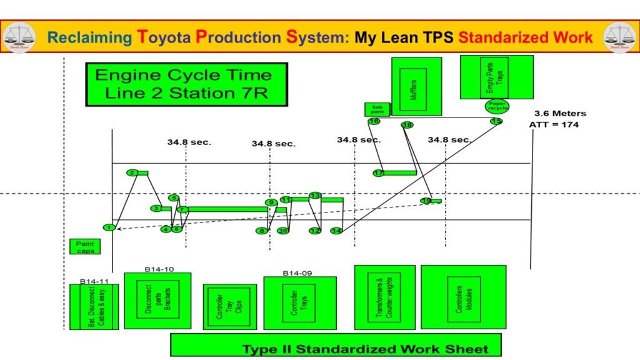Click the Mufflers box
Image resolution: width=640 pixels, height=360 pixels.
416,86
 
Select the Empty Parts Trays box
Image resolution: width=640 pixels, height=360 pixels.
496,76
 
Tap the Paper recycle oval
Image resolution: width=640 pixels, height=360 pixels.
497,106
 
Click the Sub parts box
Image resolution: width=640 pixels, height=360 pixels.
377,109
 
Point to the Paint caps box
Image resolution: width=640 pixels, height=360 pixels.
84,246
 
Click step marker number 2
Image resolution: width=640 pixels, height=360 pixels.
132,172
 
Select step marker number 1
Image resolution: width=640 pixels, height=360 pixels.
109,227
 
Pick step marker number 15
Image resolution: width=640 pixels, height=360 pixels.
496,121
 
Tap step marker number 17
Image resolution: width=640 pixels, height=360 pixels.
378,173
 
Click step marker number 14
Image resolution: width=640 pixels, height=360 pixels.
336,231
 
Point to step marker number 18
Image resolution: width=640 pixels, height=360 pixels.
407,125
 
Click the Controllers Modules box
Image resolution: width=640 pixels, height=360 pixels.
463,297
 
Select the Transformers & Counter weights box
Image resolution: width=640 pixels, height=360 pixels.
384,297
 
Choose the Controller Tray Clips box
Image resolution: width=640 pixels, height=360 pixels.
229,306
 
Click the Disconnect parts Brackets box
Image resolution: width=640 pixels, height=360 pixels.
157,301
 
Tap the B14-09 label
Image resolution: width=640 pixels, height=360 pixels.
297,272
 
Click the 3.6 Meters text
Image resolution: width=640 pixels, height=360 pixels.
560,113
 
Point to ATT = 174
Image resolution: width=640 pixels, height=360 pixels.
554,124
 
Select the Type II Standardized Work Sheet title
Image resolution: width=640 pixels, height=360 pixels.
366,349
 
